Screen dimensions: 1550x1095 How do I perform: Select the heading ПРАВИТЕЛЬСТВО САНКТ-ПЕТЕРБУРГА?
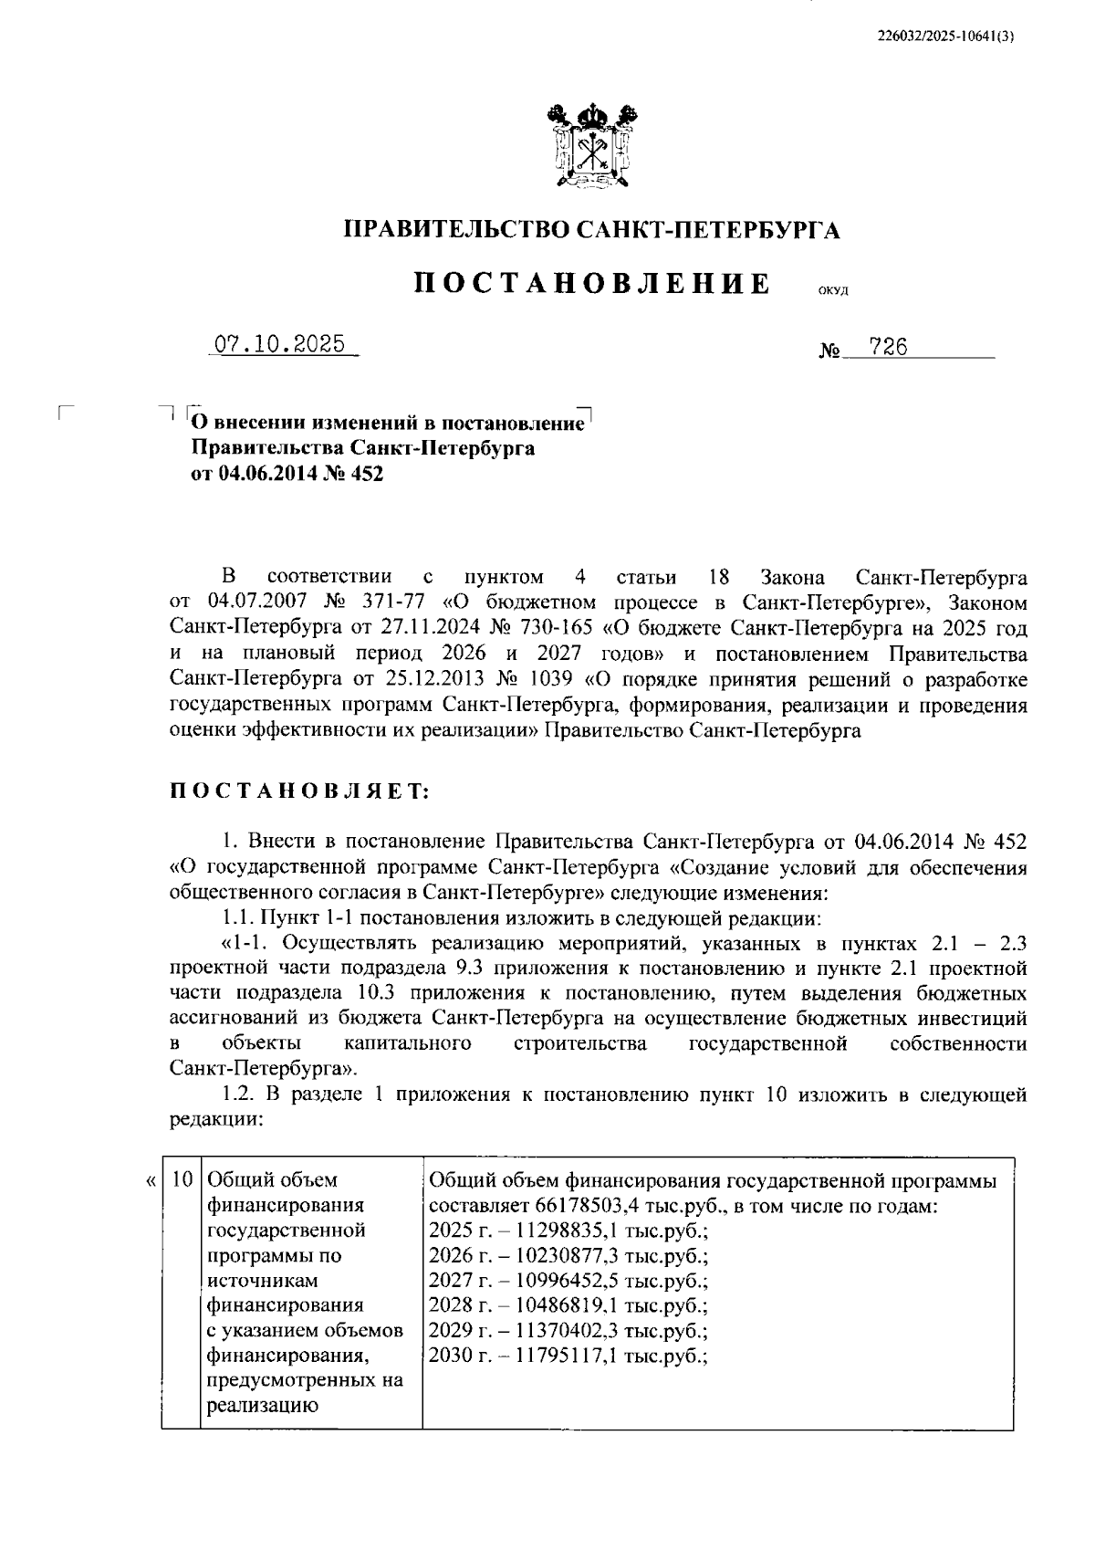coord(591,230)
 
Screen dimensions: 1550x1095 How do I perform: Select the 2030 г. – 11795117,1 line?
coord(568,1356)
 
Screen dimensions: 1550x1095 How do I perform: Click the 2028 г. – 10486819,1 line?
coord(568,1305)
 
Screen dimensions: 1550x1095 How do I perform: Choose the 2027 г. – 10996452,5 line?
coord(568,1280)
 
